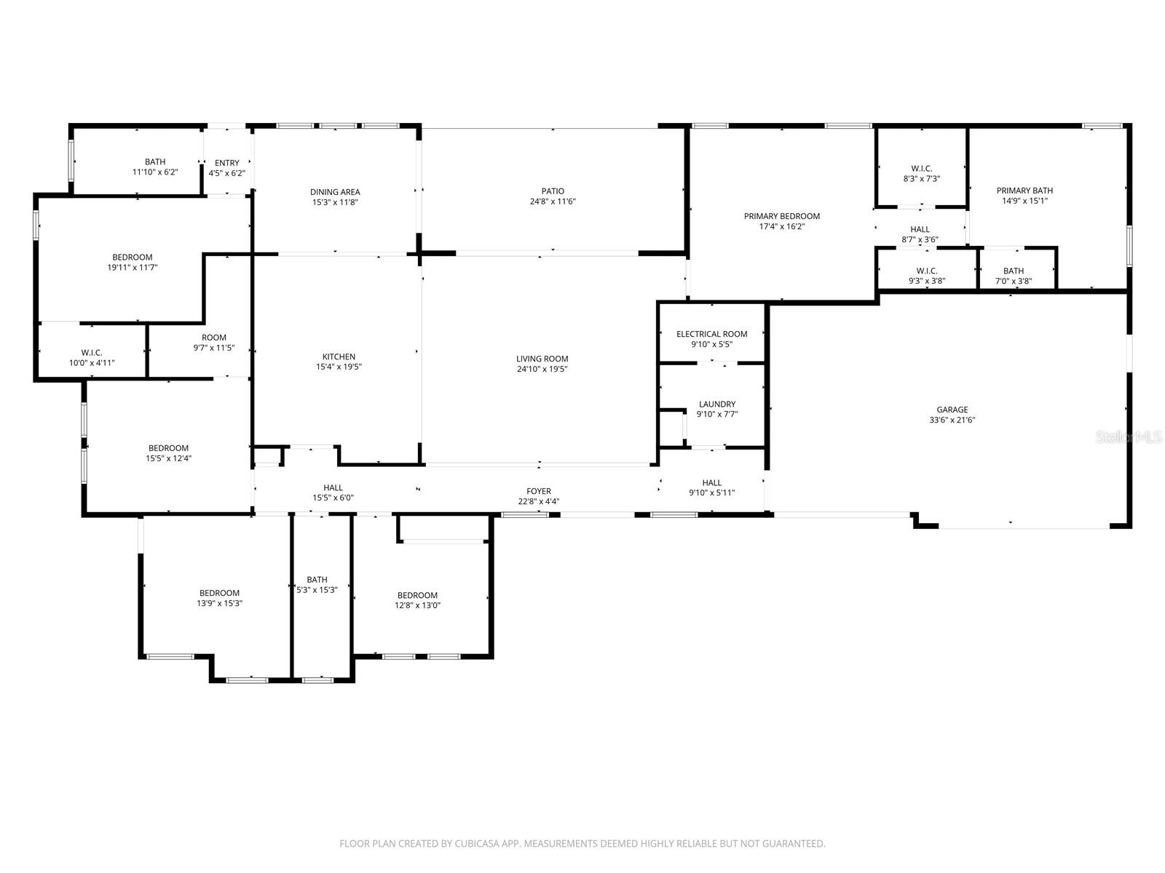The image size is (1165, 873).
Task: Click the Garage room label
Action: click(952, 410)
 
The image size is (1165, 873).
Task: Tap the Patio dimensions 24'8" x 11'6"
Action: click(553, 202)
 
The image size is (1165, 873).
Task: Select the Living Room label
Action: click(542, 359)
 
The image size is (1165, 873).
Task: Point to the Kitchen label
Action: click(339, 356)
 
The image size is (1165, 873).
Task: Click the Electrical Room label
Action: click(711, 334)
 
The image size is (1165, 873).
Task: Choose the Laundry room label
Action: click(716, 404)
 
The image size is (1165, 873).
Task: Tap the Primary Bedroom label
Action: click(781, 216)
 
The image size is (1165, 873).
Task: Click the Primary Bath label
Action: click(1024, 191)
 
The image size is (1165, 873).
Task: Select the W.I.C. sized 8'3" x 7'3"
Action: click(920, 173)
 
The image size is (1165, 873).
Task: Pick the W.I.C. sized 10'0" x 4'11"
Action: click(92, 357)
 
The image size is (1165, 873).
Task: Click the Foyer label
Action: click(539, 491)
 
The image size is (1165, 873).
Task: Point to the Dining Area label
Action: click(335, 192)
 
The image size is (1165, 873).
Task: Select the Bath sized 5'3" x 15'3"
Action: click(317, 585)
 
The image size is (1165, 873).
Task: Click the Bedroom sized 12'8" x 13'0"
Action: click(417, 600)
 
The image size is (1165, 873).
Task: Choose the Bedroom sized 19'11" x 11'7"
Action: click(133, 262)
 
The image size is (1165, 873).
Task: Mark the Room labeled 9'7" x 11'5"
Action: click(214, 342)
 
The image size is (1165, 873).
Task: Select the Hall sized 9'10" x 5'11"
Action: click(711, 487)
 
